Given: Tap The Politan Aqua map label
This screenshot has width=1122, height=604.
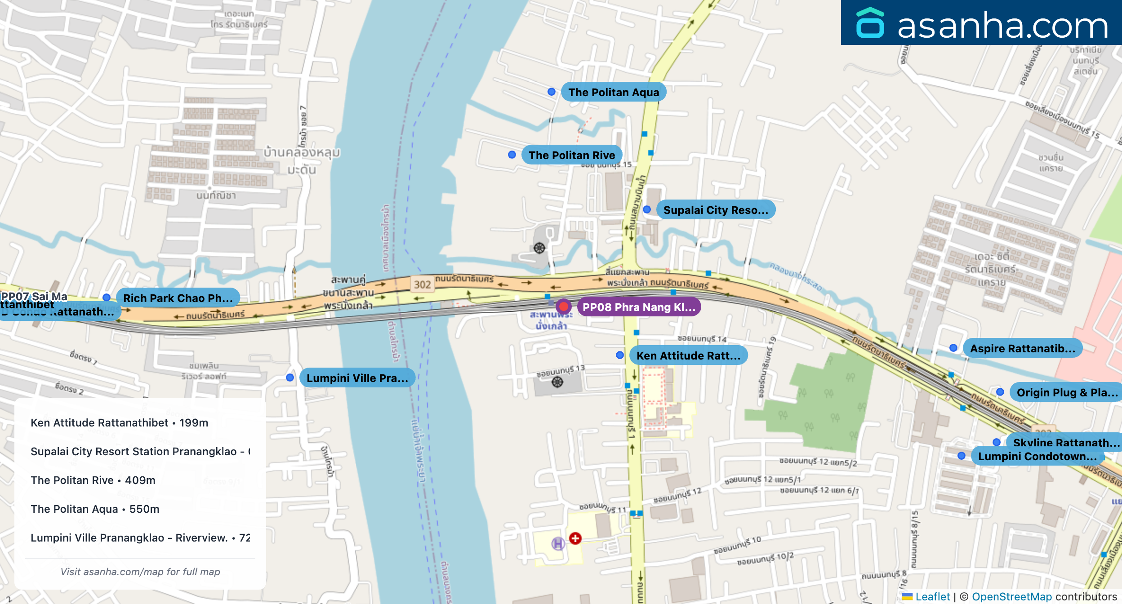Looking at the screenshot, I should [x=613, y=92].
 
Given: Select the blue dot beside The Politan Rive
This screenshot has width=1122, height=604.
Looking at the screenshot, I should [x=512, y=155].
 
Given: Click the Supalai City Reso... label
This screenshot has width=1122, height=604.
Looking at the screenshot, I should [x=715, y=210].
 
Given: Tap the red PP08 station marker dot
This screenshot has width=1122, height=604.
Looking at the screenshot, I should [x=563, y=307].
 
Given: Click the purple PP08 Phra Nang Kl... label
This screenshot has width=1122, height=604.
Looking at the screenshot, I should [x=638, y=307].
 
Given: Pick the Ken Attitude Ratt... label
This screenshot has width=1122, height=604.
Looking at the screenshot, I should [x=688, y=355].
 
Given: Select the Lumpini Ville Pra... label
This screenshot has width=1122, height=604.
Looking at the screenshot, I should [x=357, y=378].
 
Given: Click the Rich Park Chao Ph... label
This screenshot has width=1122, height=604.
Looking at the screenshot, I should [x=178, y=298].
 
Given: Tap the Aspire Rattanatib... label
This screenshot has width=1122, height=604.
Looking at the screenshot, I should [x=1022, y=348].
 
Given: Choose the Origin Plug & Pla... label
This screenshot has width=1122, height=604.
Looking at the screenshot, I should [x=1066, y=392].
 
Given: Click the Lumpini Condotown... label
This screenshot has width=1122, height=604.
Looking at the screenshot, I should [x=1037, y=456].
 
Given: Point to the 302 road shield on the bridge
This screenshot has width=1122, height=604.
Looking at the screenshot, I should [x=422, y=284].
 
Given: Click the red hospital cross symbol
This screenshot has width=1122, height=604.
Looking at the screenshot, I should [x=575, y=538].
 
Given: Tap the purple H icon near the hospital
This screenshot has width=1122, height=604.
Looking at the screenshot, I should [x=558, y=544].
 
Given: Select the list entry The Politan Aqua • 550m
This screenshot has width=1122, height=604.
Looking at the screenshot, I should [x=95, y=509].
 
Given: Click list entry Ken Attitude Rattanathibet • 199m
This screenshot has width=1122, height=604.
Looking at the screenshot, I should [x=119, y=422].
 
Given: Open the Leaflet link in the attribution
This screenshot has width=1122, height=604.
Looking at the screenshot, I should [x=932, y=596].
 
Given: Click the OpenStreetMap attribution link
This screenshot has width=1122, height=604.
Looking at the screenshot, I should [x=1011, y=596].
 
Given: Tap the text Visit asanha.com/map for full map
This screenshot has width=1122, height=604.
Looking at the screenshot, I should [x=140, y=572].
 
